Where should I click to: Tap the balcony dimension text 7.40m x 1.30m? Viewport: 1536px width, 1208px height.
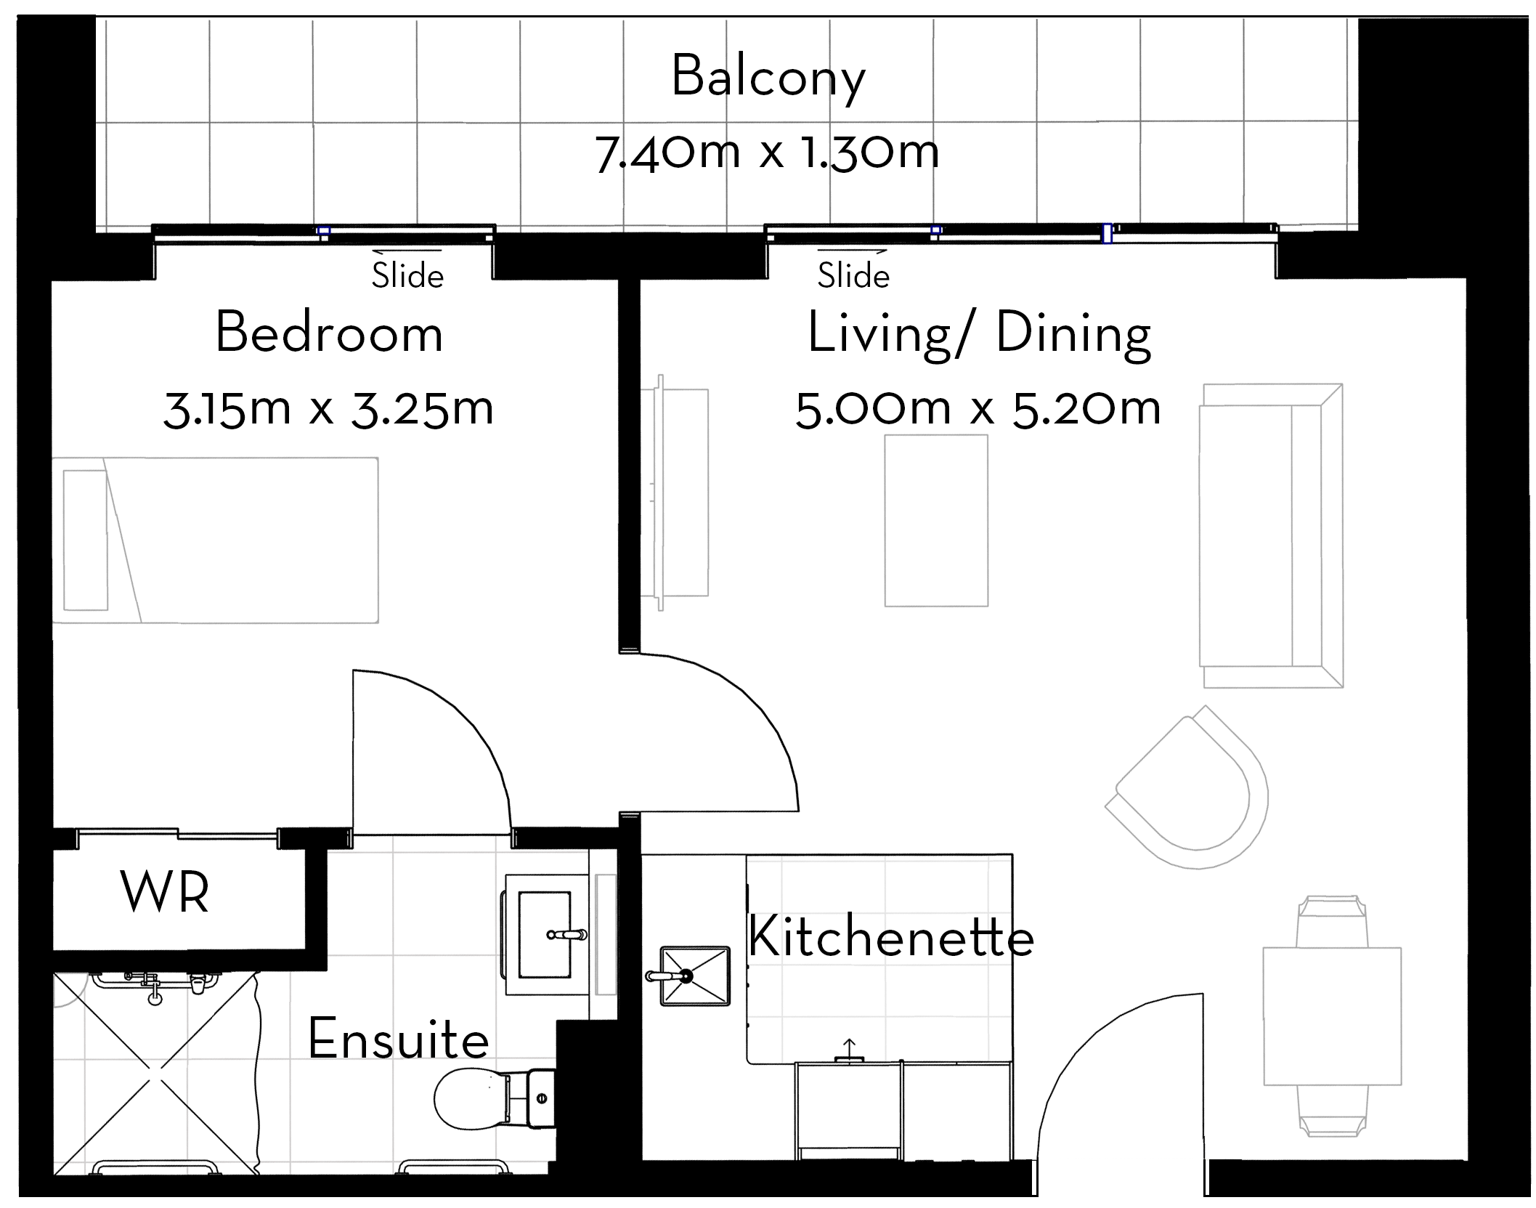pos(767,153)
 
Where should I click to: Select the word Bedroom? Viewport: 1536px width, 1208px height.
pos(329,333)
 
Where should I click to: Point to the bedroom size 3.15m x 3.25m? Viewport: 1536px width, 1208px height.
pos(328,409)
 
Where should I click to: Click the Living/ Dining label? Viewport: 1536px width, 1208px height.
pos(979,335)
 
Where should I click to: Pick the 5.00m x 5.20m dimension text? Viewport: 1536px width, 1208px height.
pos(978,409)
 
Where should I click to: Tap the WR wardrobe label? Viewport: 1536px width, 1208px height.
pos(165,892)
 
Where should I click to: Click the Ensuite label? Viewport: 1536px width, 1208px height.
pos(399,1039)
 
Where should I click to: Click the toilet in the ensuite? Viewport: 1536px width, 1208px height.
pos(494,1098)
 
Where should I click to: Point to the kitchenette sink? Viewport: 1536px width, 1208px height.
pos(694,976)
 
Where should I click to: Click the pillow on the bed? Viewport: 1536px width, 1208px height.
pos(86,540)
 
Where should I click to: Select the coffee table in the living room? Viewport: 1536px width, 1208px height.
pos(936,520)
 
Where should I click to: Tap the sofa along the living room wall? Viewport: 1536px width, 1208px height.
pos(1271,535)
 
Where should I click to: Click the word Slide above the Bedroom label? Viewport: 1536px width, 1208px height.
pos(407,276)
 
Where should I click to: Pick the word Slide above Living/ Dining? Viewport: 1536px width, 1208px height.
pos(853,275)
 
